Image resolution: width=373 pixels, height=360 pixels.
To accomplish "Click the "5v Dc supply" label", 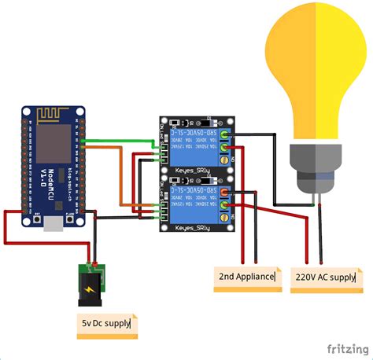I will pyautogui.click(x=107, y=323).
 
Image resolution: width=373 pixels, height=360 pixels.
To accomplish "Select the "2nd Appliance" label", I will pyautogui.click(x=247, y=277).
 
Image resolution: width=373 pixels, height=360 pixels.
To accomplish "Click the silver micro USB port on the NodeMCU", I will pyautogui.click(x=54, y=226).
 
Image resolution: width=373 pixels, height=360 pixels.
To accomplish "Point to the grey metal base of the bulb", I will pyautogui.click(x=314, y=168).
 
